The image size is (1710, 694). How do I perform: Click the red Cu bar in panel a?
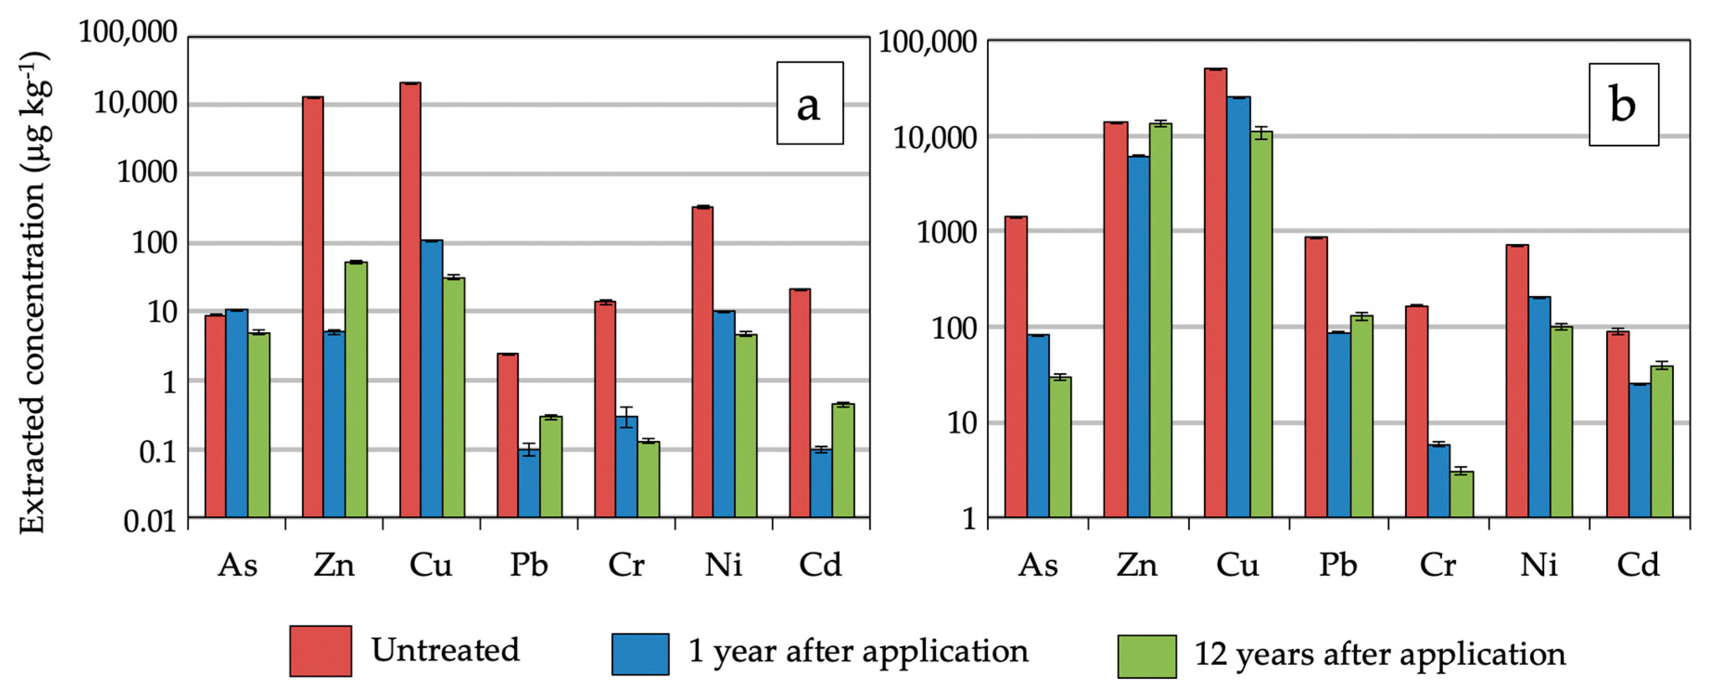pyautogui.click(x=410, y=299)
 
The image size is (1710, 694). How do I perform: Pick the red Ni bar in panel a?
pyautogui.click(x=703, y=362)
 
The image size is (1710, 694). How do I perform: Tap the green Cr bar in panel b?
pyautogui.click(x=1462, y=494)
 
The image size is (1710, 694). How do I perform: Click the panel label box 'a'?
pyautogui.click(x=810, y=103)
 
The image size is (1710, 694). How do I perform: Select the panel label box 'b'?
pyautogui.click(x=1623, y=105)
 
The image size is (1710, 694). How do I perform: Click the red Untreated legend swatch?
pyautogui.click(x=321, y=651)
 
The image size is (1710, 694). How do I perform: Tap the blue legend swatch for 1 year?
pyautogui.click(x=640, y=654)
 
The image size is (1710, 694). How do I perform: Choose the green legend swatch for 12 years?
pyautogui.click(x=1146, y=656)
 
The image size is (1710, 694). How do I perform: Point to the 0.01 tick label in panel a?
pyautogui.click(x=151, y=522)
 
